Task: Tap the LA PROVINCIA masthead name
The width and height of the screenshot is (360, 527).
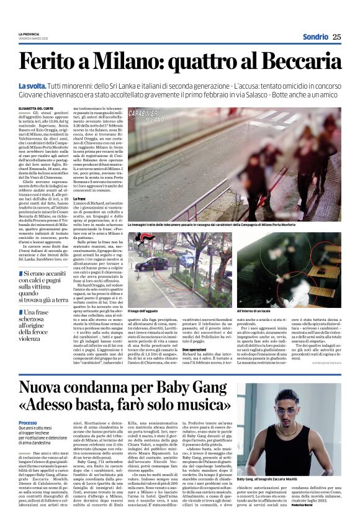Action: click(29, 34)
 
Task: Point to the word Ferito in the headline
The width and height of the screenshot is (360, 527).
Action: click(50, 63)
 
